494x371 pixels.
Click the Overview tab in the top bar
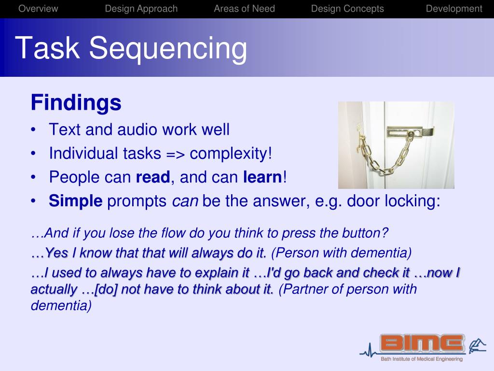38,9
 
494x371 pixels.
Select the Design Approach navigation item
141,9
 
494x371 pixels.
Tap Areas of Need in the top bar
244,9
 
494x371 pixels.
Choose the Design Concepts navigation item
347,9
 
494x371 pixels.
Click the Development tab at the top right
453,9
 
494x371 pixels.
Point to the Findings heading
76,103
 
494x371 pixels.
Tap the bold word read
152,177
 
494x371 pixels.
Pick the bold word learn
262,177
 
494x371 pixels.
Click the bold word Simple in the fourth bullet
75,201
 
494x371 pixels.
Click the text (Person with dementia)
342,253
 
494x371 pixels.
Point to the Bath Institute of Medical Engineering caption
421,359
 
